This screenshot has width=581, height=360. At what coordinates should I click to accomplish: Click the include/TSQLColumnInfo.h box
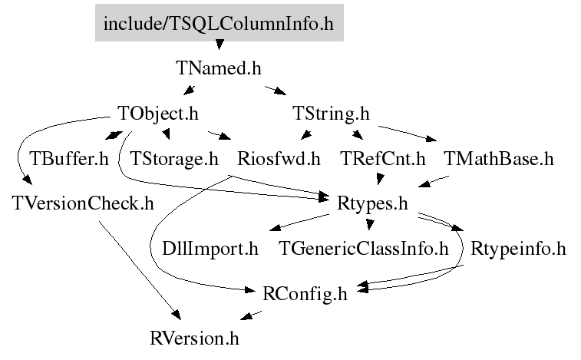220,22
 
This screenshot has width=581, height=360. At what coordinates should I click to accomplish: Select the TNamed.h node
219,68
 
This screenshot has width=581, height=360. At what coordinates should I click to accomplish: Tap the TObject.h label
158,114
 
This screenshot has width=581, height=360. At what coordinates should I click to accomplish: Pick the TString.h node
331,114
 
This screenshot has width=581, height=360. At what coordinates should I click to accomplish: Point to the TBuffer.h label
69,159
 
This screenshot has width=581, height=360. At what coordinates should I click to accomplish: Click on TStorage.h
173,159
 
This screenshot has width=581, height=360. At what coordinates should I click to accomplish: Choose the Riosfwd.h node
279,159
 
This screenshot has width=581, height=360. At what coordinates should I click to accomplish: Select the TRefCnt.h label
383,159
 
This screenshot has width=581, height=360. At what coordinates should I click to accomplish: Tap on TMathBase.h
499,159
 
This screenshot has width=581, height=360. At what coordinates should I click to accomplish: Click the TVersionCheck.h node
83,203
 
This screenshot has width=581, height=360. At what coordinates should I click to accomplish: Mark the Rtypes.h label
372,204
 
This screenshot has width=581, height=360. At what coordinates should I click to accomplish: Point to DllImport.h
210,249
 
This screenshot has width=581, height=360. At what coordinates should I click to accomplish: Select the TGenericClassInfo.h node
364,249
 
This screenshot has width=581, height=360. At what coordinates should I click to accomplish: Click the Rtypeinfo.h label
518,249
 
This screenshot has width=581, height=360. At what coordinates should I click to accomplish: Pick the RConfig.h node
305,294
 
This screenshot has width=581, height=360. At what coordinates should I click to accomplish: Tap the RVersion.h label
194,339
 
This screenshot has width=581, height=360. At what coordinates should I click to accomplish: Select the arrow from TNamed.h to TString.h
276,91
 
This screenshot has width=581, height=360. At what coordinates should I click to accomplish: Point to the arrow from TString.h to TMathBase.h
408,134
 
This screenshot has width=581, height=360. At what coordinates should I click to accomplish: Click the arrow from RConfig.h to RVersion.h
251,315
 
